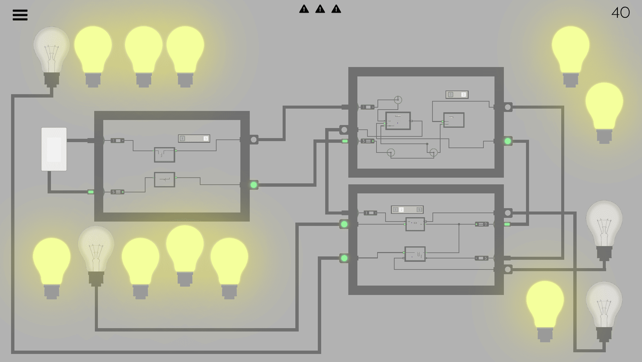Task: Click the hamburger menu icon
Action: point(20,15)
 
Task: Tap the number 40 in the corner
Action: point(621,13)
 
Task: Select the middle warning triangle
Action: point(320,9)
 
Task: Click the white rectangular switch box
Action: point(54,149)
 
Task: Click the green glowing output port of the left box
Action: point(254,185)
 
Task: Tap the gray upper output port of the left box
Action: point(254,139)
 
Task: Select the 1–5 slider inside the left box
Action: point(194,138)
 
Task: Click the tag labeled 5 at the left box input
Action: point(117,192)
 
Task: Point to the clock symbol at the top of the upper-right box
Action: point(398,100)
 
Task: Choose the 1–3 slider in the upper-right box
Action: point(457,95)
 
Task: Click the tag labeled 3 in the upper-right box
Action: point(367,141)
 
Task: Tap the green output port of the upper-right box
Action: point(508,141)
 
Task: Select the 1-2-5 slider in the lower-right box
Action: point(407,209)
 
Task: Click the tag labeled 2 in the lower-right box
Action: point(482,224)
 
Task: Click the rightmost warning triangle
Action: point(336,9)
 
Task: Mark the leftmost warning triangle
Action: point(304,9)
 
